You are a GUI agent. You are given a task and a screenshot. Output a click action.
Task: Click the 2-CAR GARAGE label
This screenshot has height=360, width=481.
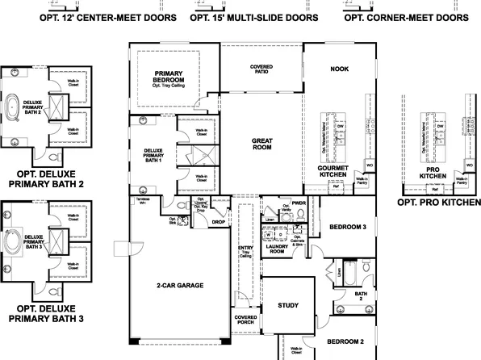click(x=179, y=285)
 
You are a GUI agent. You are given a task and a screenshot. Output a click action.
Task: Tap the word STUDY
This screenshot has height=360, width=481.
click(x=287, y=306)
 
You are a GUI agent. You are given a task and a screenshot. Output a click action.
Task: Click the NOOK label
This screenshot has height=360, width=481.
click(x=339, y=69)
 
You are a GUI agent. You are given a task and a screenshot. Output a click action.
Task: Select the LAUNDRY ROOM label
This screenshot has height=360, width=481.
click(x=278, y=249)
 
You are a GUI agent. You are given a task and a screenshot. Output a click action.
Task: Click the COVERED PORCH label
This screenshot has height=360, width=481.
click(x=246, y=320)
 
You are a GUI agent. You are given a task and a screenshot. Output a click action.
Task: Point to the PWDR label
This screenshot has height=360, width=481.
click(x=299, y=204)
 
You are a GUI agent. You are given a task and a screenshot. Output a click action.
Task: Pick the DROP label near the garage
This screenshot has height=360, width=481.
click(x=218, y=221)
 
